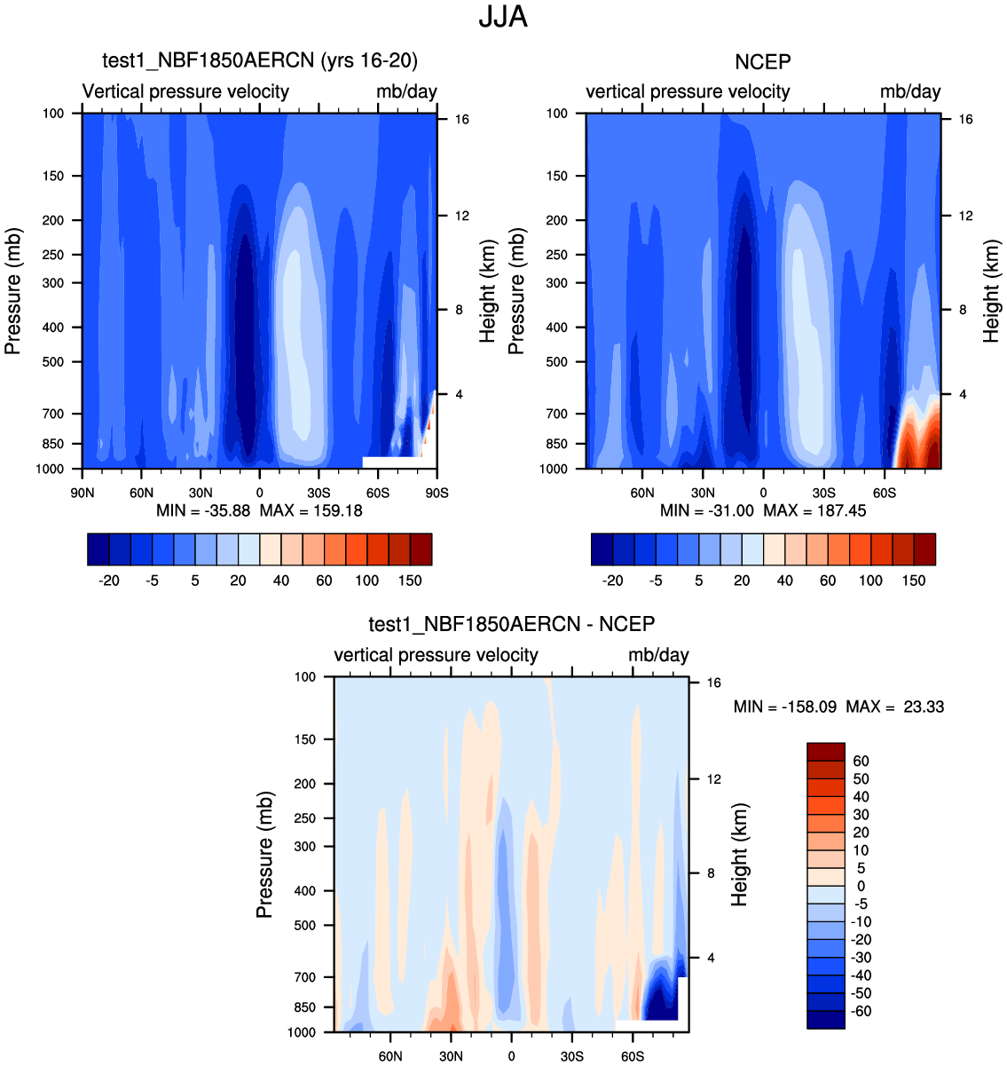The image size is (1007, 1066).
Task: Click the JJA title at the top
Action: tap(503, 17)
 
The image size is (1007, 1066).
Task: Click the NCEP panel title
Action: tap(763, 61)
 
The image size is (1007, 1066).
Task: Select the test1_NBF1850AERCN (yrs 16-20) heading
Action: tap(260, 60)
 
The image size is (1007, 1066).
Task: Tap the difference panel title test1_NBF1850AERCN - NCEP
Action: tap(512, 624)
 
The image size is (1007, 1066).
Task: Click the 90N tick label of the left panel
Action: tap(82, 493)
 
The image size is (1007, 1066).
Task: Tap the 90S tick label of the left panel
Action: tap(437, 493)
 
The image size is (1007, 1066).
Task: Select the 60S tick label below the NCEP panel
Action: tap(885, 493)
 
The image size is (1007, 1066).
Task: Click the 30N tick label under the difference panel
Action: tap(452, 1056)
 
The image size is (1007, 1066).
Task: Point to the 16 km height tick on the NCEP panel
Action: tap(965, 119)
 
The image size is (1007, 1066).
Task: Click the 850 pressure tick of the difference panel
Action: tap(304, 1007)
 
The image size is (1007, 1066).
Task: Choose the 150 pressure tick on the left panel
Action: tap(53, 176)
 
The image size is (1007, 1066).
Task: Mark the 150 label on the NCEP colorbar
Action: tap(914, 580)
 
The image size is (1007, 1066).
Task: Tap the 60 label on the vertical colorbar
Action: tap(861, 762)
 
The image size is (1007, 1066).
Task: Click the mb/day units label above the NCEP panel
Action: tap(910, 91)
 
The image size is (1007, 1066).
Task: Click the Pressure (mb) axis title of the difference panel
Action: tap(264, 855)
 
